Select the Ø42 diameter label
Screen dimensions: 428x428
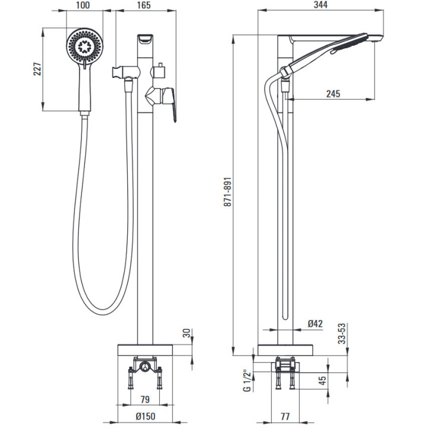315,323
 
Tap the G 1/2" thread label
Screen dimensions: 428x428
245,380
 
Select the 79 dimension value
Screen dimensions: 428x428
144,399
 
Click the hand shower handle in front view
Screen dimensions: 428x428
84,89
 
